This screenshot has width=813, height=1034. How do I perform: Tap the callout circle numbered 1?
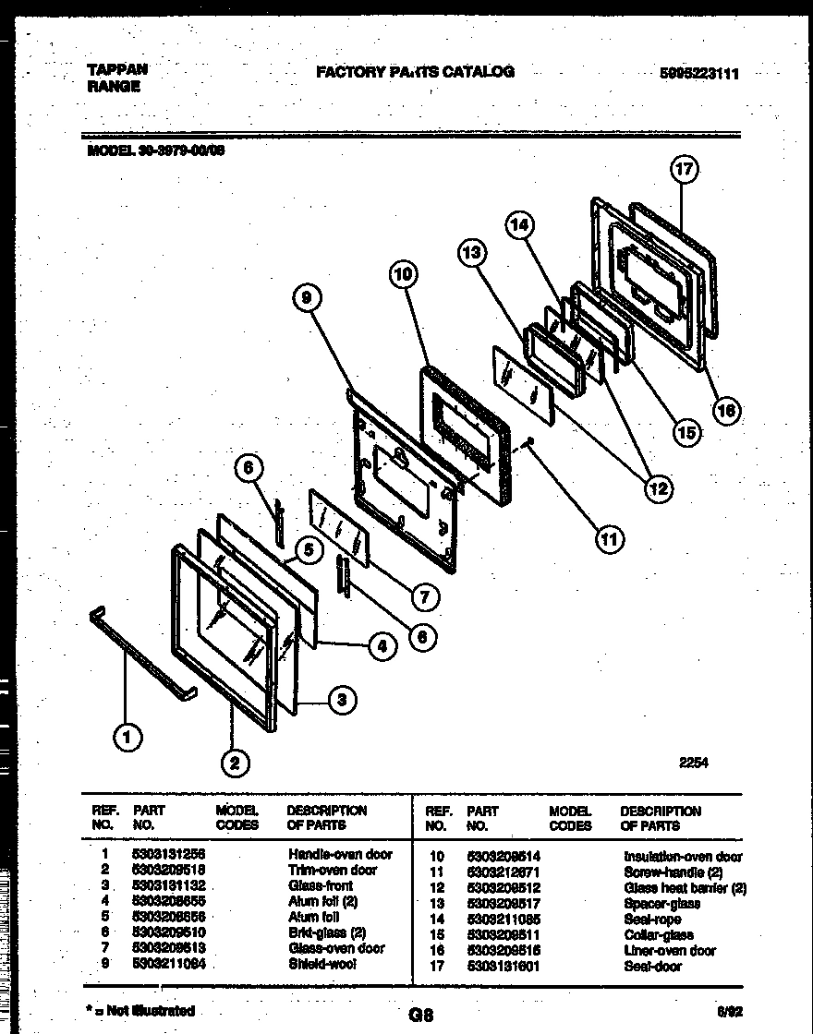pos(128,736)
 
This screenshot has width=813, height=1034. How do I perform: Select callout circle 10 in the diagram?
pos(403,273)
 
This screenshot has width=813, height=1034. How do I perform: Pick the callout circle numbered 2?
pos(235,762)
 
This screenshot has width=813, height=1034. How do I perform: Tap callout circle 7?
pos(423,597)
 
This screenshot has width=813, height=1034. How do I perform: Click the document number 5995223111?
pos(700,75)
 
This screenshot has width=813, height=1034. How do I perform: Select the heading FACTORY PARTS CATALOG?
pos(415,71)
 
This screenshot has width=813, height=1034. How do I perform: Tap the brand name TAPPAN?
pos(116,69)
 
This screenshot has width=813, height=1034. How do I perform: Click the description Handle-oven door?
pos(340,854)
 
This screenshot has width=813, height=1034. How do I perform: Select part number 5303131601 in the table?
pos(504,966)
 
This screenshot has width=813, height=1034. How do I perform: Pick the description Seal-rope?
pos(652,919)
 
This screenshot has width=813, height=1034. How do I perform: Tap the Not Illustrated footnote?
pos(140,1011)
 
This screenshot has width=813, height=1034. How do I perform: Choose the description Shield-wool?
pos(322,964)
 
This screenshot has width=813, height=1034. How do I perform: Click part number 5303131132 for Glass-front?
pos(169,885)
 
